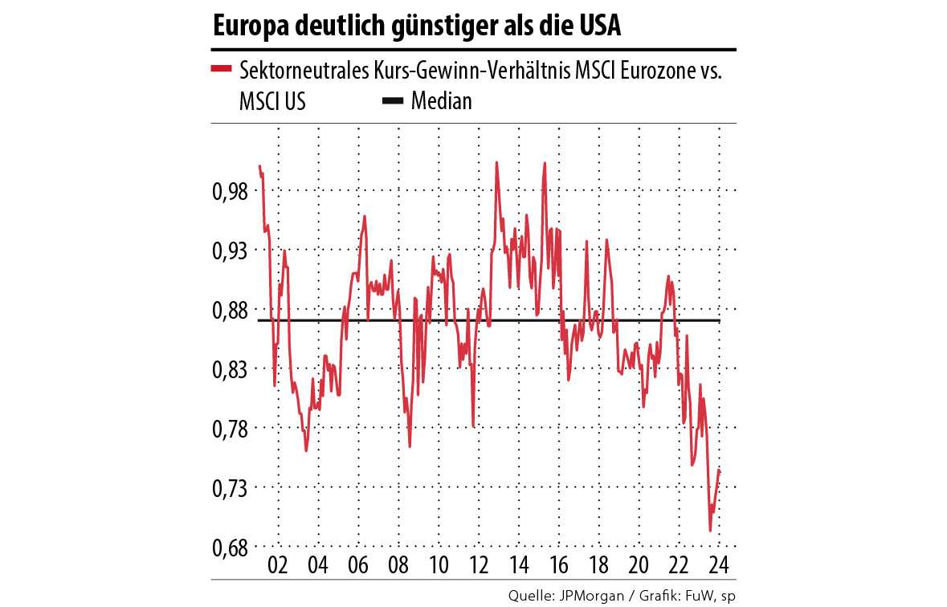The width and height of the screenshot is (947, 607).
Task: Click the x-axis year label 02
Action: click(x=279, y=564)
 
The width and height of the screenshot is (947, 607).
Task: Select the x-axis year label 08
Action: click(x=398, y=564)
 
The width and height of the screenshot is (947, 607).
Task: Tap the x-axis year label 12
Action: click(x=478, y=564)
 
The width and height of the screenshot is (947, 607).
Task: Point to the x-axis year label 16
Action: click(x=558, y=564)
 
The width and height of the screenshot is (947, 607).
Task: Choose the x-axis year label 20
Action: click(x=639, y=564)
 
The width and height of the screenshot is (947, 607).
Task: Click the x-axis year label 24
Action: click(x=718, y=564)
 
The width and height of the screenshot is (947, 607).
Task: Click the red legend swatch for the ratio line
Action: click(x=221, y=70)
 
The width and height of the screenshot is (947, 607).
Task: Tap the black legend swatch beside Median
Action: click(x=392, y=101)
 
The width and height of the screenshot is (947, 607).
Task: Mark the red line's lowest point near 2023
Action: click(x=710, y=531)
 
